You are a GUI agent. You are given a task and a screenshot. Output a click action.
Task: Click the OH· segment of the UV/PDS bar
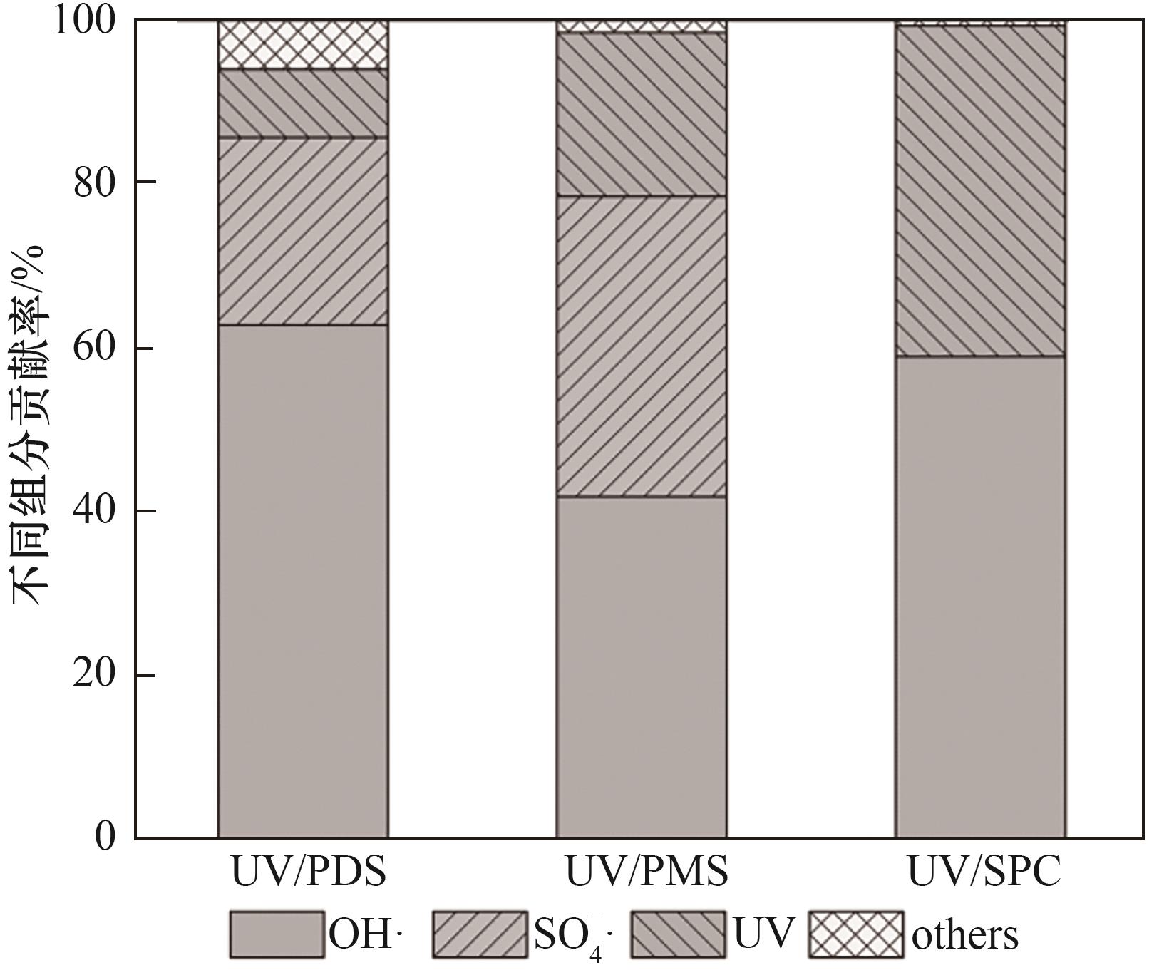click(303, 581)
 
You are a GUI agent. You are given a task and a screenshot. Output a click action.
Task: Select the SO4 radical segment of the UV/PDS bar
click(303, 232)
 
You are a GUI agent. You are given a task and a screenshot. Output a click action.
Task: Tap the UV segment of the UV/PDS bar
click(303, 103)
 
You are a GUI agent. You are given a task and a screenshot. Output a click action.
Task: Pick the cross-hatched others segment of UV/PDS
click(303, 45)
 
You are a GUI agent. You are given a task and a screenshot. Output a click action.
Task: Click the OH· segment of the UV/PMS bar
click(642, 666)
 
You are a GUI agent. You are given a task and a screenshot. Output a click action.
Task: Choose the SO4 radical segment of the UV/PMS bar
click(642, 346)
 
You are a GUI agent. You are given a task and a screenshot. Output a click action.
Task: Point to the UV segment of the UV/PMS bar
click(642, 114)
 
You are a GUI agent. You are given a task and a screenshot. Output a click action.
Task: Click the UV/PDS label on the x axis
click(309, 871)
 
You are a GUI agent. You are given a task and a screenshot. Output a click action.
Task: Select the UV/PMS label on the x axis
click(647, 871)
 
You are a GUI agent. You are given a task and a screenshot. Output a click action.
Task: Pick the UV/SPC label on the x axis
click(984, 871)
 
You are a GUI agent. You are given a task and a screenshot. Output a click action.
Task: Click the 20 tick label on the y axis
click(95, 674)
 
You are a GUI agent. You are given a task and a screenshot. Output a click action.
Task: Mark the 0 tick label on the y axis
click(105, 837)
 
